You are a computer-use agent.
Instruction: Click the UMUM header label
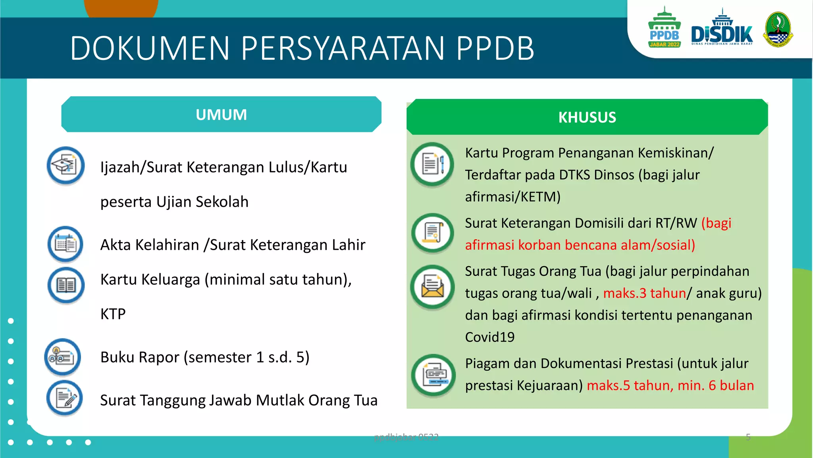[221, 115]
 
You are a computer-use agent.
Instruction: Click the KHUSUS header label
[587, 118]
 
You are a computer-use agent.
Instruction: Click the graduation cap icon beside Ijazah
[66, 165]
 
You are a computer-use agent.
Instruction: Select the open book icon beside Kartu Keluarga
[66, 285]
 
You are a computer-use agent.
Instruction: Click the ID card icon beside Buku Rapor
[63, 357]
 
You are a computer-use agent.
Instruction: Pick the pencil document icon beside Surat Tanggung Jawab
[65, 398]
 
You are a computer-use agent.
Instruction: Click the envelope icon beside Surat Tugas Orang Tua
[432, 287]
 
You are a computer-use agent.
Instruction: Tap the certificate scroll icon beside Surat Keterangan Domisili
[432, 233]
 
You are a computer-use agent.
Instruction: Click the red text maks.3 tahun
[644, 293]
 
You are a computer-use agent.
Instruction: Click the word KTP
[113, 314]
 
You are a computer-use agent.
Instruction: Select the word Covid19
[489, 337]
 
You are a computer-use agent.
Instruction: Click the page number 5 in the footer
[748, 437]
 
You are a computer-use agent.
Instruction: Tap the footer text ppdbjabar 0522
[406, 437]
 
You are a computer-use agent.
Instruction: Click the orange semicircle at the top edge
[121, 8]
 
